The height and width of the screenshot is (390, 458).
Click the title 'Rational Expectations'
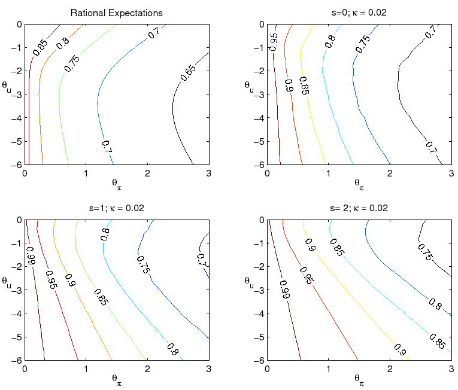pyautogui.click(x=117, y=13)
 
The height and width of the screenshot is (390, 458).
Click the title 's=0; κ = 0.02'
pyautogui.click(x=359, y=13)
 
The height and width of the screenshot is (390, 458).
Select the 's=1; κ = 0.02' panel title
pyautogui.click(x=117, y=208)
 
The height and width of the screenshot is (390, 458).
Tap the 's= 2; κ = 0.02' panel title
pyautogui.click(x=359, y=208)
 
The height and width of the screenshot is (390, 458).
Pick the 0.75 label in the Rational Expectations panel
pyautogui.click(x=72, y=63)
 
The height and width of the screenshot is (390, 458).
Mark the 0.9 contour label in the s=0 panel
pyautogui.click(x=289, y=87)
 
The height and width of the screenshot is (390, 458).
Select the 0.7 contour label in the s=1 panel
pyautogui.click(x=202, y=259)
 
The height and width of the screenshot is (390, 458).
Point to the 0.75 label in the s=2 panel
pyautogui.click(x=426, y=252)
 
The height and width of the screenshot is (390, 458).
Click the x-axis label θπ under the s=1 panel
pyautogui.click(x=117, y=377)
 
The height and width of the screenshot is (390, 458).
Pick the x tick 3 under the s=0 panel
pyautogui.click(x=451, y=173)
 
